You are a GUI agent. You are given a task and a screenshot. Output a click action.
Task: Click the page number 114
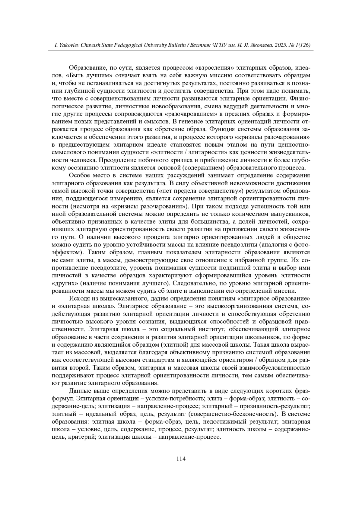click(x=181, y=459)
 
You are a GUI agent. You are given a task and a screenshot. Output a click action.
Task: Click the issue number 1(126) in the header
click(x=303, y=45)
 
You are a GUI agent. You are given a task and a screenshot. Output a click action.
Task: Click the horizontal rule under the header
click(x=181, y=50)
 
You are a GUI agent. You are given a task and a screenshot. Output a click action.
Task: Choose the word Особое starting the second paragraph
click(x=79, y=176)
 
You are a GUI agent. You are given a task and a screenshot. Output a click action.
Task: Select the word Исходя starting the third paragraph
click(x=79, y=299)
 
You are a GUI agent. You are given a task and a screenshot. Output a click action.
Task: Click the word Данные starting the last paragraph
click(x=79, y=391)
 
